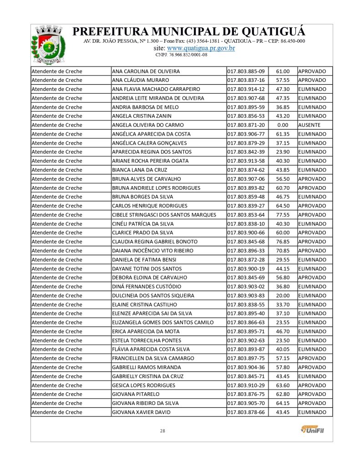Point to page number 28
click(x=162, y=431)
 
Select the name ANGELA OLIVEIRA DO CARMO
click(x=147, y=125)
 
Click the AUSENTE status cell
click(x=309, y=125)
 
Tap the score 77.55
click(x=283, y=215)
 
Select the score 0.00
click(x=283, y=125)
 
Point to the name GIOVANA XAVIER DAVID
click(x=141, y=412)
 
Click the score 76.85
click(x=283, y=242)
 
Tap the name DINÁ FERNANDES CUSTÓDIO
click(x=146, y=287)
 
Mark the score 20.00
click(x=283, y=296)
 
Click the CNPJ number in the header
click(x=181, y=55)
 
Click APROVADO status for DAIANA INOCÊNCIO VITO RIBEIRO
click(x=312, y=251)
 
